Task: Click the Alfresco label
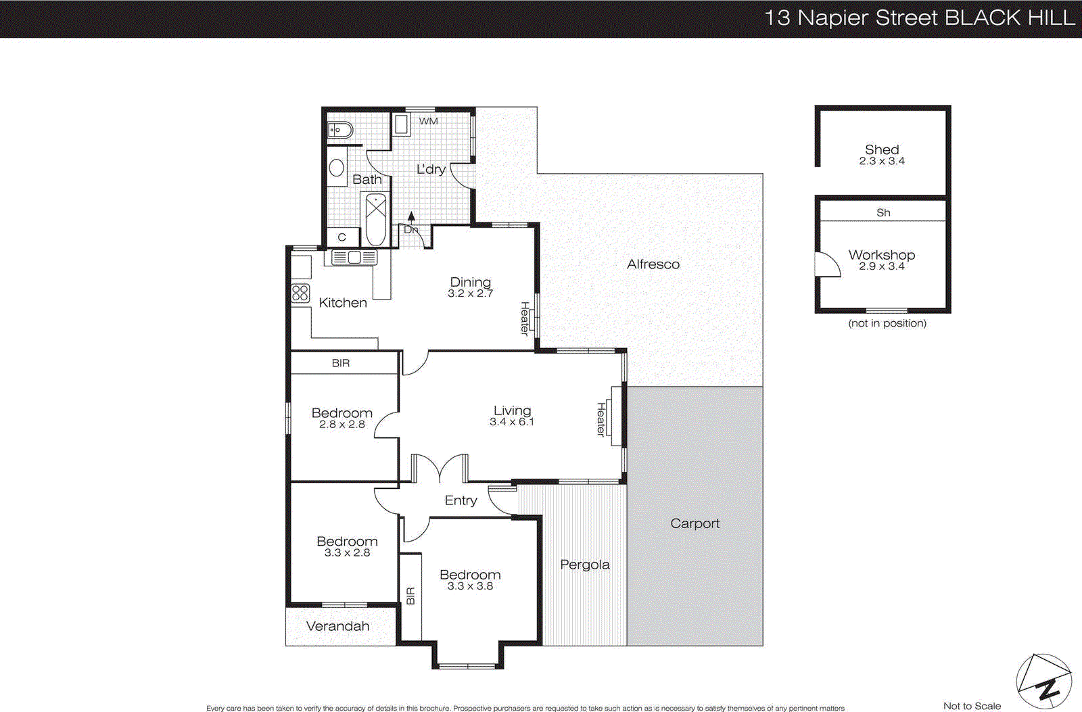pos(653,264)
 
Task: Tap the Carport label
pos(695,523)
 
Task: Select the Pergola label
pos(584,565)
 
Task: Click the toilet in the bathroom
pos(339,130)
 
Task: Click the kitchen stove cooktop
pos(300,293)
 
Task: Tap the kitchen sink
pos(354,257)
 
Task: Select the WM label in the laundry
pos(428,121)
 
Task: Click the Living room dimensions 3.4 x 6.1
pos(512,422)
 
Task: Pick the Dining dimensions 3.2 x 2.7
pos(470,293)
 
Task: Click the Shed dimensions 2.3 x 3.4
pos(882,161)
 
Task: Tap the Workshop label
pos(882,255)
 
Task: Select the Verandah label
pos(337,626)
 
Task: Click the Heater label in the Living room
pos(601,419)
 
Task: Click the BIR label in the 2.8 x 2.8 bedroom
pos(341,363)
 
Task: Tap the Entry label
pos(461,500)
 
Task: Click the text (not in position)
pos(887,323)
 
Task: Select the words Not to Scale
pos(972,706)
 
